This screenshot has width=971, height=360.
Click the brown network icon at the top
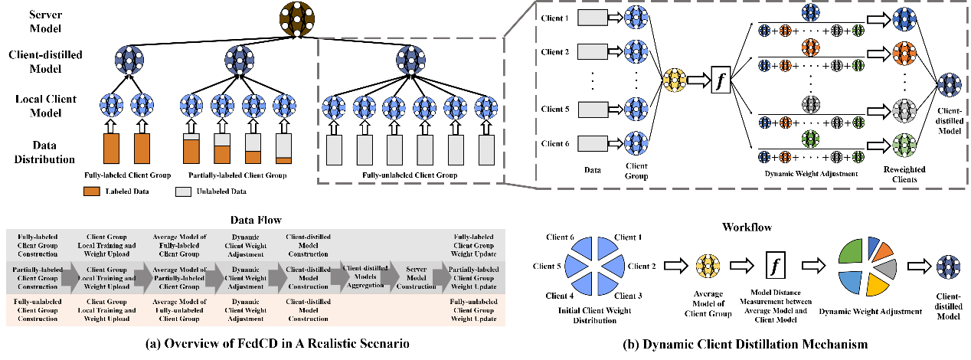pos(296,17)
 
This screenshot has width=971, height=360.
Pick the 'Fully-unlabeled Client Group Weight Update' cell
pos(472,310)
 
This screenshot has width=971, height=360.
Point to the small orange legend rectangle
pos(91,191)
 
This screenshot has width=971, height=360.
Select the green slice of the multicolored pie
pos(851,252)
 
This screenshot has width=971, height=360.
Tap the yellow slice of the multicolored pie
pos(877,285)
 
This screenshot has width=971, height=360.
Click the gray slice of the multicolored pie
pos(887,267)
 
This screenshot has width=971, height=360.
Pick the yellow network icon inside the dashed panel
pos(675,80)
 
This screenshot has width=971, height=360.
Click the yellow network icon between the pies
pos(708,266)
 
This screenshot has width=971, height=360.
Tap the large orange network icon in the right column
pos(904,53)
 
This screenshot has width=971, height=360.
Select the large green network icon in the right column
pos(904,145)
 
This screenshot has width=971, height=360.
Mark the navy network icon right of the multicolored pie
pos(948,267)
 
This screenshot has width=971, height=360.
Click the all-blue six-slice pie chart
pos(594,266)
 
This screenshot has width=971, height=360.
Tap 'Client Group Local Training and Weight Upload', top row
pos(106,245)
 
